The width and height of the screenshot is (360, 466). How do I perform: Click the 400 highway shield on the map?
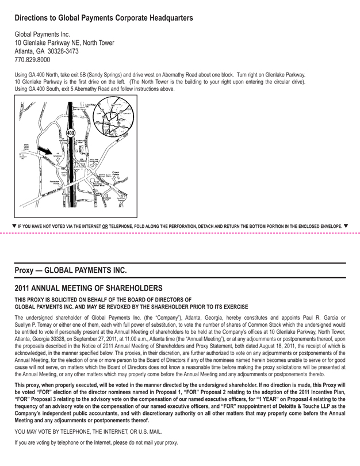(70, 133)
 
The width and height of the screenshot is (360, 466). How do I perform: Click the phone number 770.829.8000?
(32, 60)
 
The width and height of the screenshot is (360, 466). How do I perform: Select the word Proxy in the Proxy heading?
(25, 269)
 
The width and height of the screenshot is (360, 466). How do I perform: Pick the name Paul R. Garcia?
(311, 316)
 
